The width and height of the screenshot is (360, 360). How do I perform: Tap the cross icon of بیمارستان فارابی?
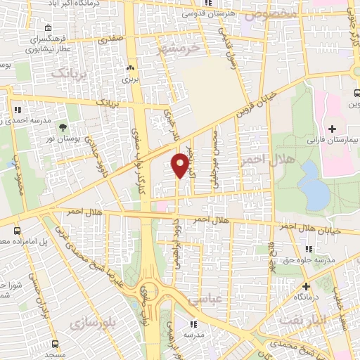pyautogui.click(x=331, y=129)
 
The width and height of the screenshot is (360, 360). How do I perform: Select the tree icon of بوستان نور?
pyautogui.click(x=63, y=127)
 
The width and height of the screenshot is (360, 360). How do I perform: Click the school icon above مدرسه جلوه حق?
pyautogui.click(x=309, y=248)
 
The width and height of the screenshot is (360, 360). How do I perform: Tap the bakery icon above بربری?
pyautogui.click(x=130, y=69)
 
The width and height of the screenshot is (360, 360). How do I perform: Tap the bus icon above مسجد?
pyautogui.click(x=55, y=345)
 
